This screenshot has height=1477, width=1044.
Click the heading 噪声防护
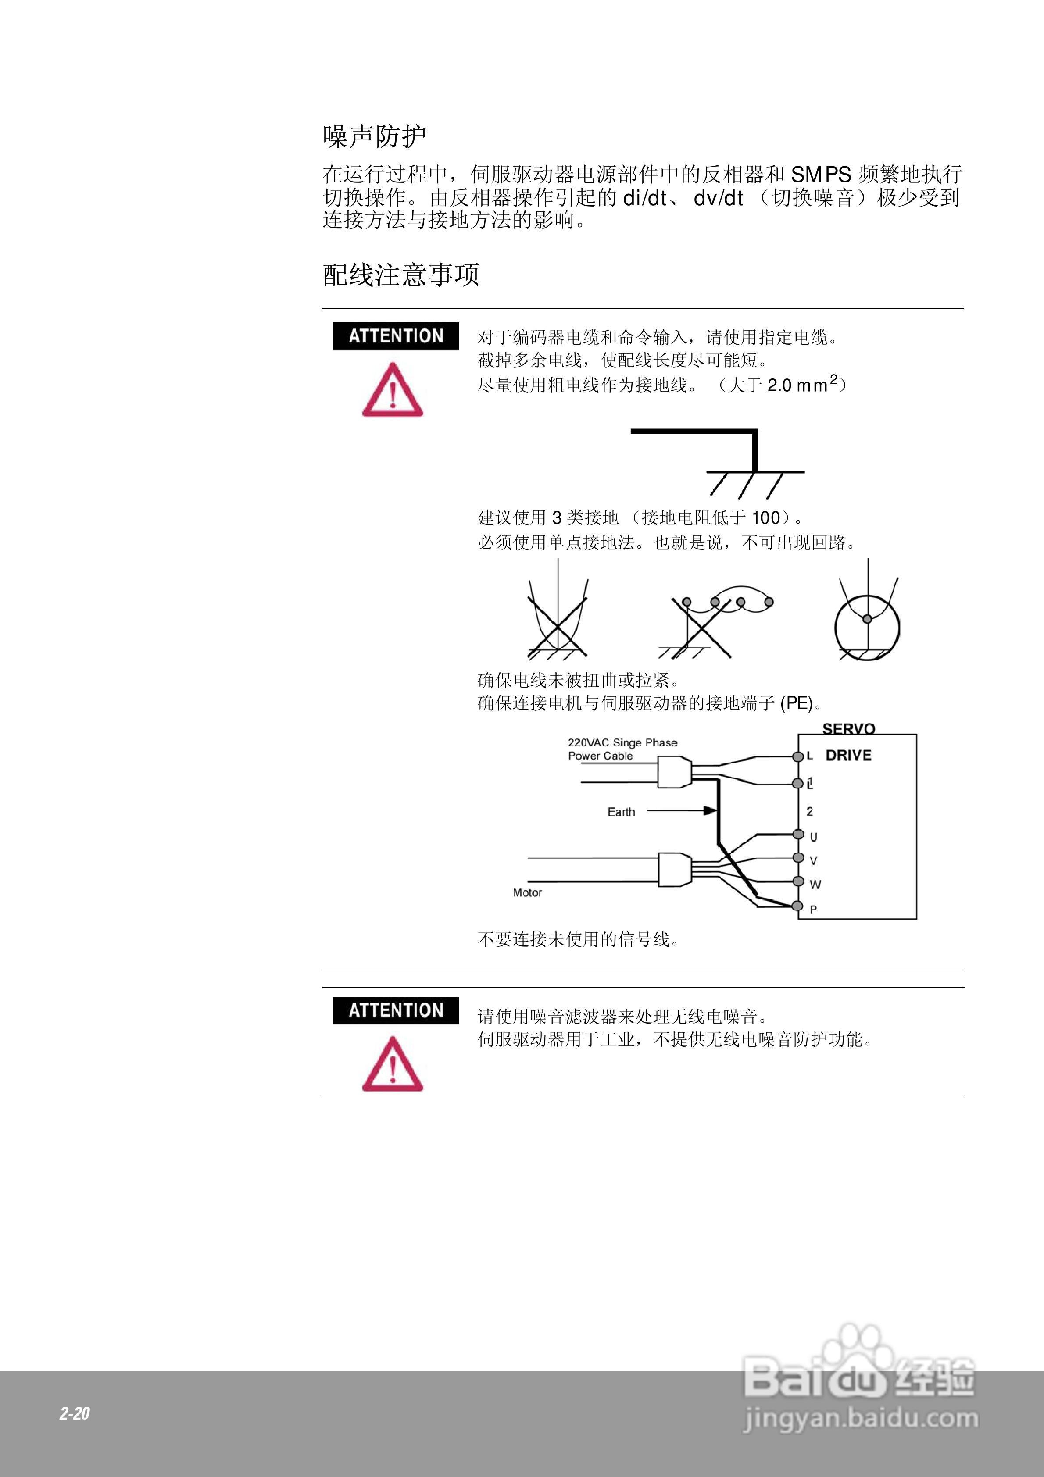[x=374, y=136]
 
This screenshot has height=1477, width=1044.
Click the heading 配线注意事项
[x=400, y=275]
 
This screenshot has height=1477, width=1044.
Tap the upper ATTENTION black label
[x=396, y=336]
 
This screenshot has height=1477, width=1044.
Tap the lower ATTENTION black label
[x=396, y=1010]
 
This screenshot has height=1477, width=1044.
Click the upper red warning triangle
[x=393, y=391]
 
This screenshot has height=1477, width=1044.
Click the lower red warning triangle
[x=393, y=1065]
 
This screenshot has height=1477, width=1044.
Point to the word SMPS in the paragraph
[x=821, y=174]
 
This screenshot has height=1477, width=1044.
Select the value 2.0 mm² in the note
[x=802, y=384]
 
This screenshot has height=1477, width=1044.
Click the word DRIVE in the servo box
[x=848, y=755]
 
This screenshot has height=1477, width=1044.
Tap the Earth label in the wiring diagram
[x=621, y=812]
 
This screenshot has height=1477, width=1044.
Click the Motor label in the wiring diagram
[x=527, y=893]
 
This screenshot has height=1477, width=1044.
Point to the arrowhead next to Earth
[x=711, y=810]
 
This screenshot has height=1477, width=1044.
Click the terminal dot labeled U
[x=798, y=835]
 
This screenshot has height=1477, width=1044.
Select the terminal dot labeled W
[x=798, y=881]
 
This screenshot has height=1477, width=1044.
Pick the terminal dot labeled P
[x=798, y=906]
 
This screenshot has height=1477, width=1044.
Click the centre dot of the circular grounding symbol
[x=867, y=619]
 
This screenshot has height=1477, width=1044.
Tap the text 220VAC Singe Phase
[x=622, y=742]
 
